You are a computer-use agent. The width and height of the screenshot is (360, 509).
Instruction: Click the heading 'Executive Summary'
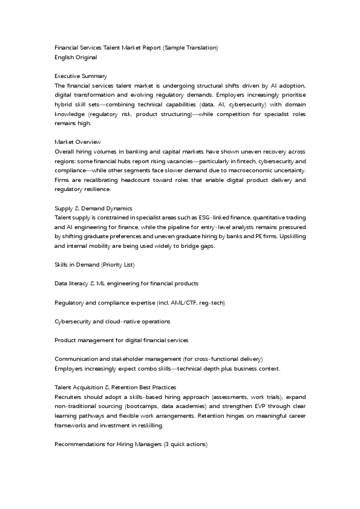coord(80,76)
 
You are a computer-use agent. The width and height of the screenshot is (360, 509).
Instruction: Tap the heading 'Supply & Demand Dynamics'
coord(93,208)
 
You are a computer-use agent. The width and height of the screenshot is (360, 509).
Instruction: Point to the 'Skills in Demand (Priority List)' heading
coord(94,265)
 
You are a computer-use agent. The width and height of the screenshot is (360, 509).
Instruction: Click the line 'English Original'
coord(76,57)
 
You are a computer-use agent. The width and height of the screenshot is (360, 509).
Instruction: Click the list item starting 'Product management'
coord(121,340)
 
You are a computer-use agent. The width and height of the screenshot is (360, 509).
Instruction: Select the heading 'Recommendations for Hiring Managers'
coord(131,444)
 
